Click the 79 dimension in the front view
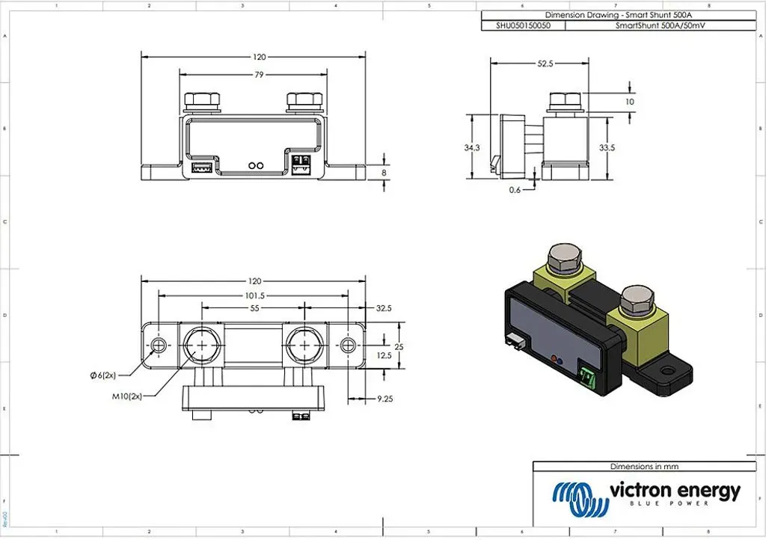click(x=259, y=75)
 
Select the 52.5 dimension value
click(x=545, y=64)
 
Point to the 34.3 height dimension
click(x=472, y=147)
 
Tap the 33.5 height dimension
click(x=607, y=147)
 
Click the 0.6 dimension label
click(x=515, y=190)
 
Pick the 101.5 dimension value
click(x=254, y=296)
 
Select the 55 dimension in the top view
click(x=254, y=308)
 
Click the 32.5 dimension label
click(x=384, y=308)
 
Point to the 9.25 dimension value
click(x=385, y=399)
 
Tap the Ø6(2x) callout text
click(x=103, y=375)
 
